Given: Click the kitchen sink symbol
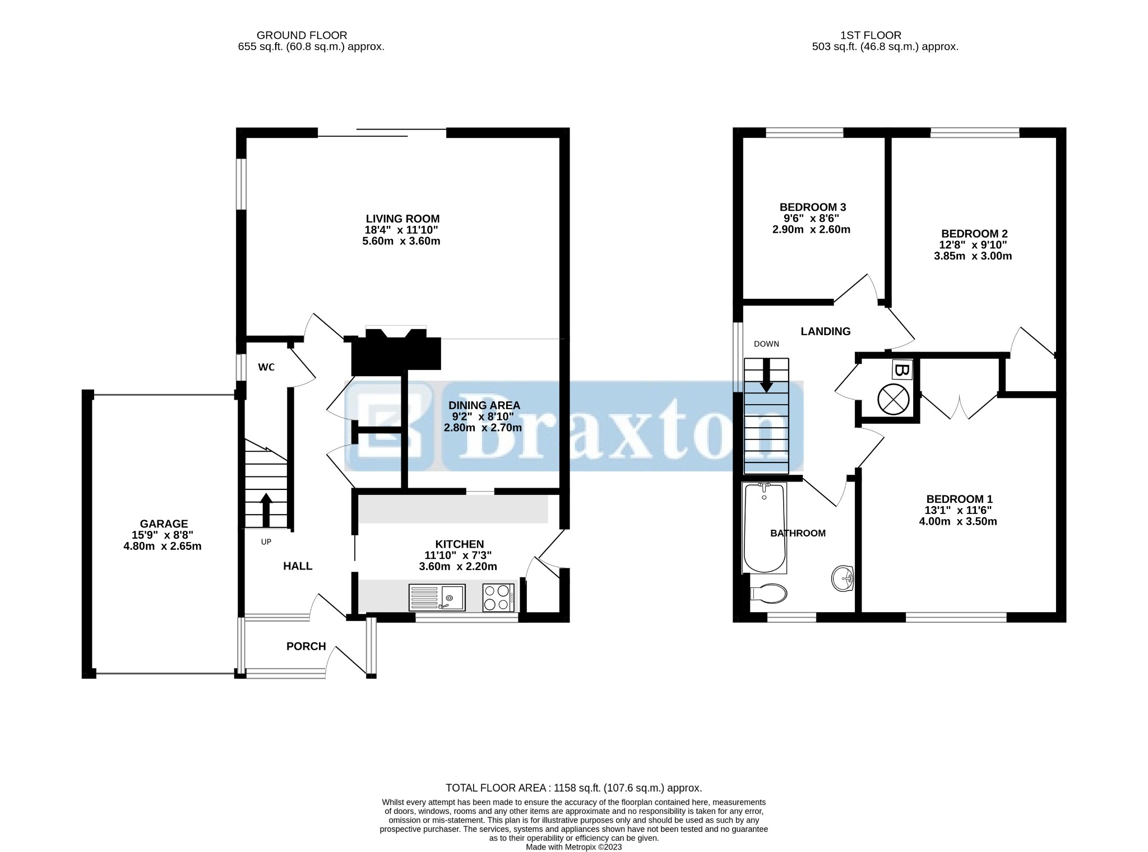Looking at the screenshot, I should pyautogui.click(x=437, y=598).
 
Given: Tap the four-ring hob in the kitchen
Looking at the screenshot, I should pyautogui.click(x=498, y=598).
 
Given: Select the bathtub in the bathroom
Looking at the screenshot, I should pyautogui.click(x=764, y=527).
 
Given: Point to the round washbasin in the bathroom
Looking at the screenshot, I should pyautogui.click(x=843, y=578).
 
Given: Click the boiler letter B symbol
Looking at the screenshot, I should pyautogui.click(x=901, y=370).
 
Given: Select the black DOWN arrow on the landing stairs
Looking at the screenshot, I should pyautogui.click(x=766, y=374).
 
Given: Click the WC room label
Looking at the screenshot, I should pyautogui.click(x=266, y=367).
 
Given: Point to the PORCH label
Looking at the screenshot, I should pyautogui.click(x=306, y=646).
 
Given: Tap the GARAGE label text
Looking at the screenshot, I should pyautogui.click(x=164, y=524).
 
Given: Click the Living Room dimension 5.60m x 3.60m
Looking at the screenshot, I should pyautogui.click(x=401, y=242).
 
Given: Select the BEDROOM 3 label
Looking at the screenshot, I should pyautogui.click(x=813, y=207).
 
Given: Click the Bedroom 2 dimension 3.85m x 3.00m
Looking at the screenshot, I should pyautogui.click(x=973, y=256).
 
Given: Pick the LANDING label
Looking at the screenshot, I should pyautogui.click(x=825, y=331).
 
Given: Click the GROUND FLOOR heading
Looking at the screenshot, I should pyautogui.click(x=302, y=35).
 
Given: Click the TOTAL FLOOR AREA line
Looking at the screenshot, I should pyautogui.click(x=573, y=788).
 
